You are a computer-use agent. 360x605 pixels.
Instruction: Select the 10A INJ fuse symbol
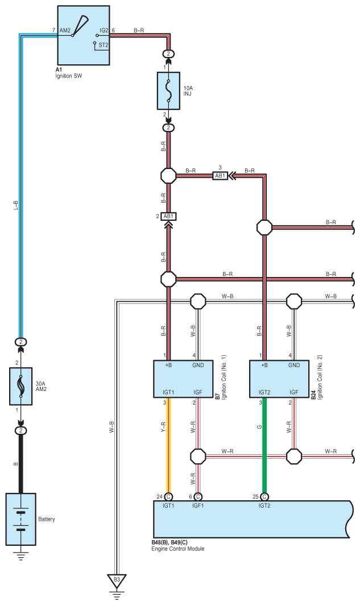[x=169, y=90]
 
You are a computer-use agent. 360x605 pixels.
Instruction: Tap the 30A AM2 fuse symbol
[x=21, y=385]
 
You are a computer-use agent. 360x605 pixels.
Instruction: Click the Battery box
[x=21, y=519]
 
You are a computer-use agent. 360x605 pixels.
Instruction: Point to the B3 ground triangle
[x=117, y=581]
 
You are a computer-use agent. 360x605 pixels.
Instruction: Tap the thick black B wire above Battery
[x=21, y=464]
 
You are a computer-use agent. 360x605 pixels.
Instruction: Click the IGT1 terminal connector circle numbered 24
[x=168, y=497]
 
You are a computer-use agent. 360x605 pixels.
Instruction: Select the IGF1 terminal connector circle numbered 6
[x=197, y=497]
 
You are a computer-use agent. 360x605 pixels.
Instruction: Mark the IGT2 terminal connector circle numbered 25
[x=264, y=497]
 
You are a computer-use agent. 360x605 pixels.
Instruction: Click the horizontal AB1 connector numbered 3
[x=220, y=176]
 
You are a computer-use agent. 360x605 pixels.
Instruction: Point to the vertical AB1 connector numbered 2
[x=168, y=216]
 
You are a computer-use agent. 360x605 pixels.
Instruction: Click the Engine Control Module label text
[x=177, y=549]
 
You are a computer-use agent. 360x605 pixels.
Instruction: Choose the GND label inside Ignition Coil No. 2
[x=293, y=365]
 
